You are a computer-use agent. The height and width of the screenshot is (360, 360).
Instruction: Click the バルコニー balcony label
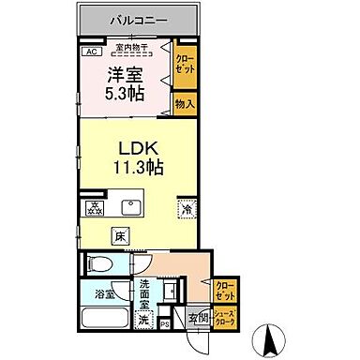click(x=138, y=19)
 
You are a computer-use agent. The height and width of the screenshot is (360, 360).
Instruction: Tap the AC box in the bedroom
click(x=92, y=52)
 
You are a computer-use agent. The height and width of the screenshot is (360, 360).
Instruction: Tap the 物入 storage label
click(x=184, y=104)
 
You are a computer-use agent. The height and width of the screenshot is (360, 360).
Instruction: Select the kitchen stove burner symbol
click(x=95, y=207)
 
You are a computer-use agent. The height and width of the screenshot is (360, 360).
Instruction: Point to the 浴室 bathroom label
click(x=103, y=292)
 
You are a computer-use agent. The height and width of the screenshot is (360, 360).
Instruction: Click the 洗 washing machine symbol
click(x=143, y=319)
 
